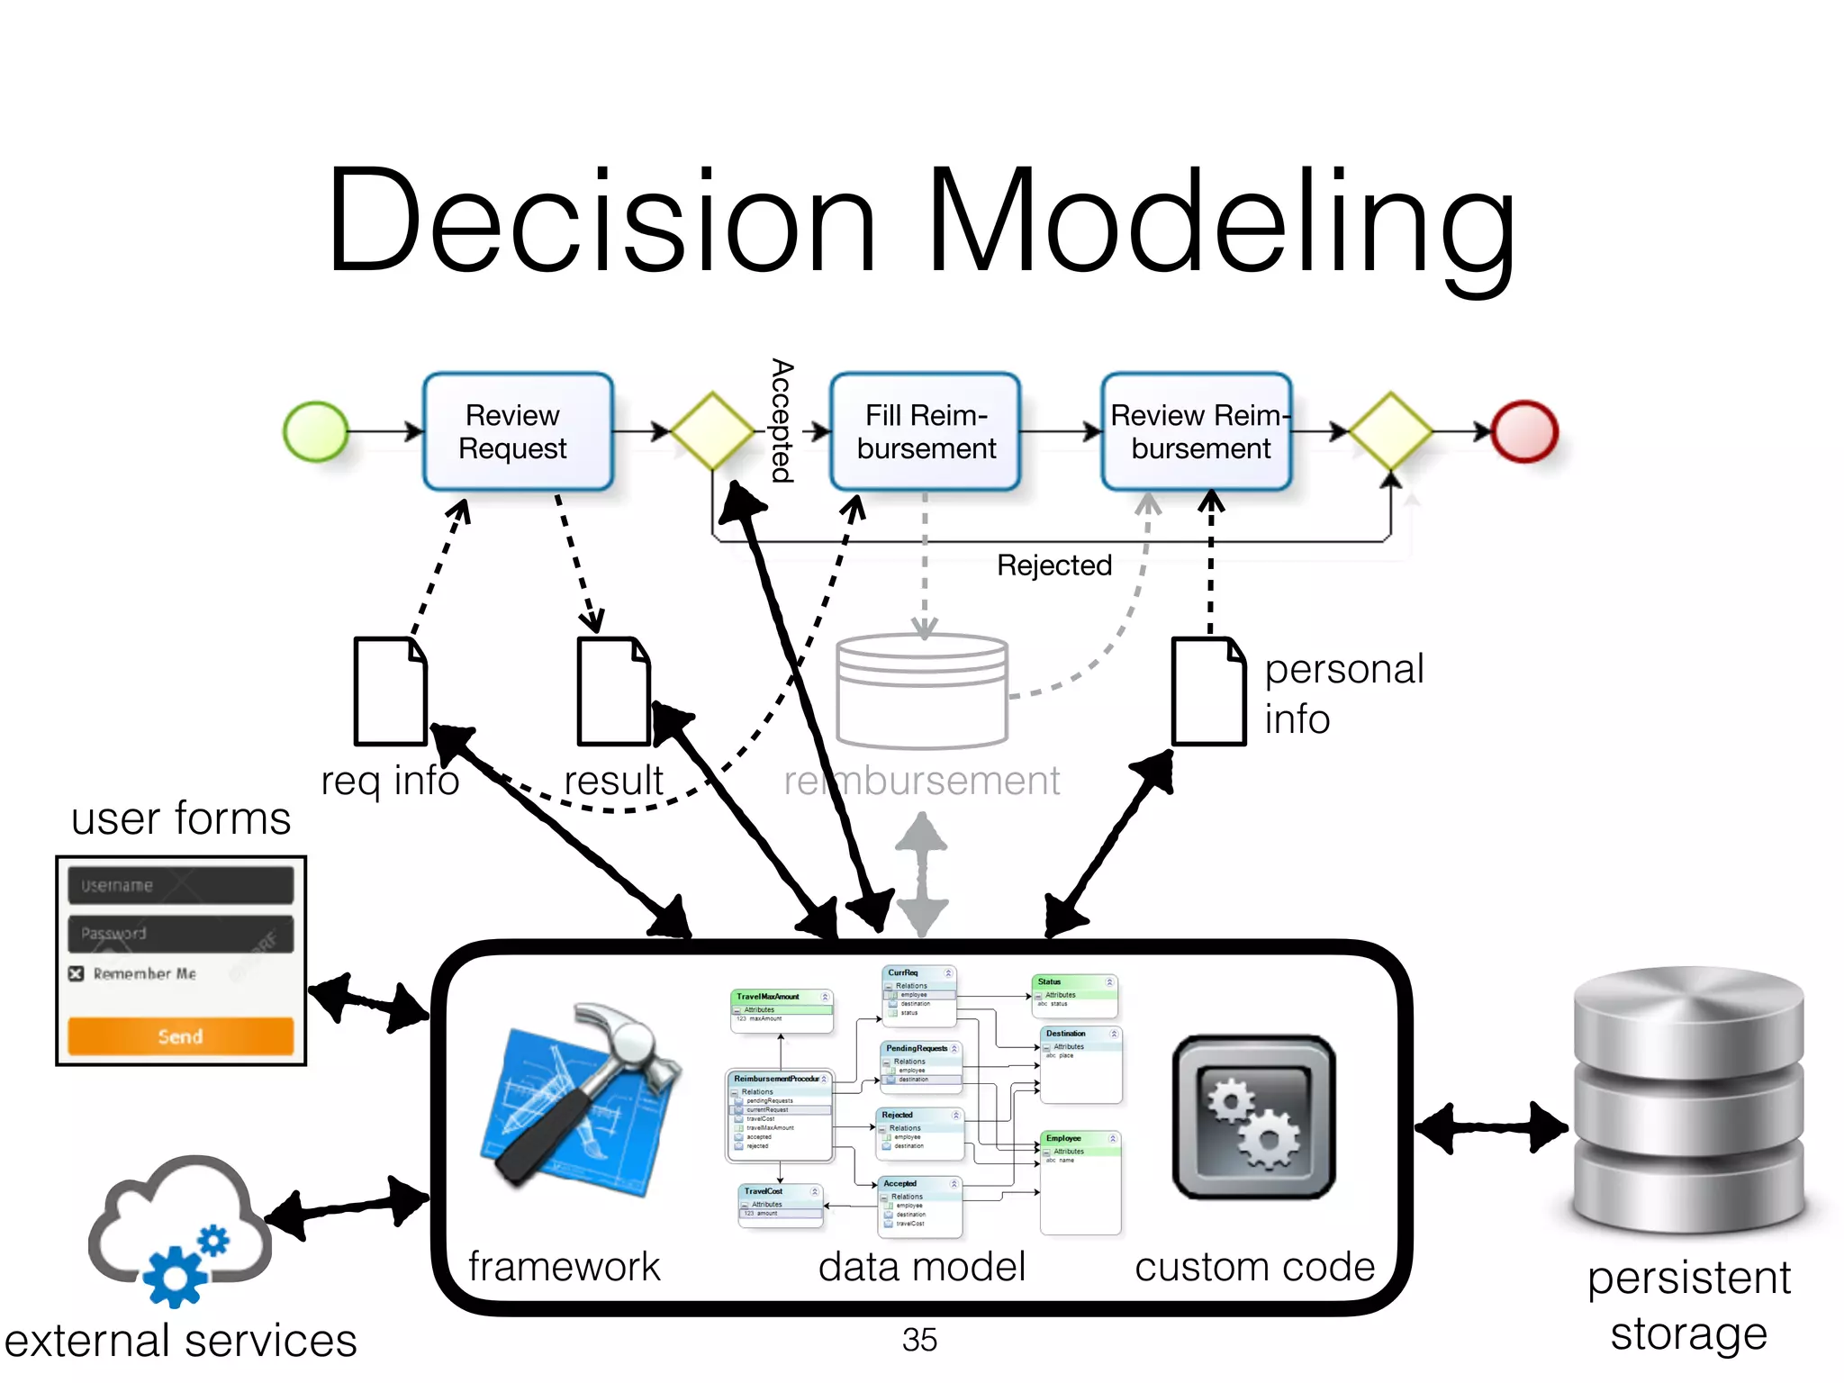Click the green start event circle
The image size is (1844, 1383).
pos(315,432)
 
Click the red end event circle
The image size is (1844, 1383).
pos(1524,432)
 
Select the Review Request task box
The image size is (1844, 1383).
pos(518,432)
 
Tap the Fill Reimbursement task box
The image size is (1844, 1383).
pos(926,432)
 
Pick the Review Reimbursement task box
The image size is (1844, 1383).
pos(1198,432)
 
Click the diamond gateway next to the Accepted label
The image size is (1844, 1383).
pos(712,431)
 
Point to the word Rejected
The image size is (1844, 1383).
pos(1054,565)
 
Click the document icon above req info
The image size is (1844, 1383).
pos(390,691)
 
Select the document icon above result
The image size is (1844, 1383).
pos(613,691)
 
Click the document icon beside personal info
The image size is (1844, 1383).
pos(1208,691)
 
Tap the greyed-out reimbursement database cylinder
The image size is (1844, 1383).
pos(922,691)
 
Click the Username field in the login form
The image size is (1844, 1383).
pos(180,885)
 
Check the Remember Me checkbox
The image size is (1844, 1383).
pos(77,973)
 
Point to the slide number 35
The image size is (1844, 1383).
pos(919,1340)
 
